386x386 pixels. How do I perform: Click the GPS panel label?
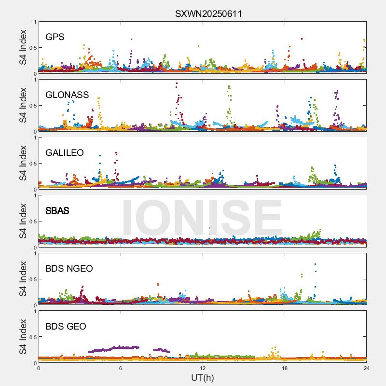pos(55,37)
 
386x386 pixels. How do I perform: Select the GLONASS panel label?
pos(67,95)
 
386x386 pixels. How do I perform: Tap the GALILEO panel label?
pos(65,153)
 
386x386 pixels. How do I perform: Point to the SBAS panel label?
pos(57,211)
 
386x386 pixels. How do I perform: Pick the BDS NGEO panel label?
pos(69,269)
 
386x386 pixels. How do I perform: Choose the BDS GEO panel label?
pos(66,327)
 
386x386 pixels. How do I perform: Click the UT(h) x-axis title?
pos(202,377)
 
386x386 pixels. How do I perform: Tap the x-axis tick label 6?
pos(121,368)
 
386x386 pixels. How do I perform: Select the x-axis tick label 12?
pos(203,368)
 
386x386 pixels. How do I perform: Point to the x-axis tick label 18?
pos(285,368)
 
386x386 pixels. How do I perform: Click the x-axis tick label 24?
pos(367,368)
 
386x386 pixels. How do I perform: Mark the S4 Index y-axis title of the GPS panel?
pos(24,47)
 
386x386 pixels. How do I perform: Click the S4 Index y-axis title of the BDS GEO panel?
pos(24,337)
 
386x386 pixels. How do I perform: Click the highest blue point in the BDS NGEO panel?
pos(315,264)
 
